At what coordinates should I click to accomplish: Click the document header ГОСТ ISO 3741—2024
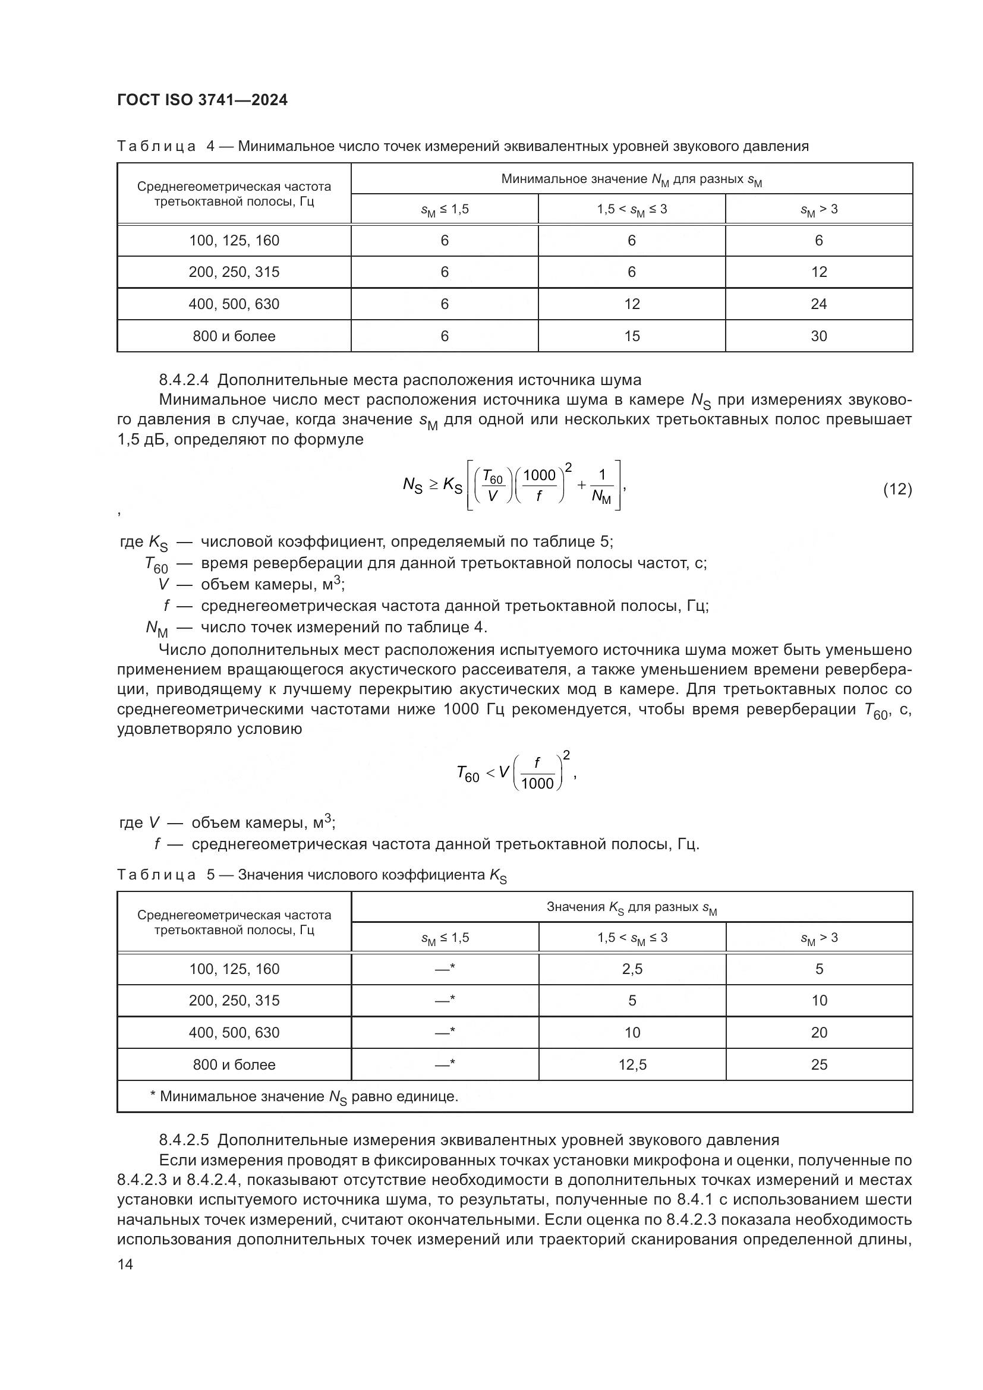click(x=202, y=100)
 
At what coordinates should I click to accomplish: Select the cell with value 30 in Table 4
click(x=818, y=336)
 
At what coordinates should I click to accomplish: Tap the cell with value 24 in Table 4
click(x=818, y=304)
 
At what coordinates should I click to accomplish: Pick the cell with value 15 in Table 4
click(x=631, y=336)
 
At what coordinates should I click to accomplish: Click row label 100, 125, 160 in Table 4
click(x=234, y=240)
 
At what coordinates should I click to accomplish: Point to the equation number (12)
click(x=897, y=489)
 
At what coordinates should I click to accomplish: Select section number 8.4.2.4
click(x=184, y=380)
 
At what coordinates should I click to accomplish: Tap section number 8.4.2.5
click(x=184, y=1140)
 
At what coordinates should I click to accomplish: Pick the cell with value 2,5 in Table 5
click(x=632, y=969)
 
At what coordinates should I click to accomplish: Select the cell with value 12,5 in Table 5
click(x=632, y=1064)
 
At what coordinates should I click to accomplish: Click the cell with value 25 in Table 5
click(x=819, y=1064)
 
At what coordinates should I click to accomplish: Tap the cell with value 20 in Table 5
click(x=819, y=1032)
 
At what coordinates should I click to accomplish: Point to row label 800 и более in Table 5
click(x=234, y=1064)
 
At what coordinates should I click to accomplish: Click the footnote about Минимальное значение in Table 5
click(x=304, y=1097)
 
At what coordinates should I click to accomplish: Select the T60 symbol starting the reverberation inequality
click(x=468, y=774)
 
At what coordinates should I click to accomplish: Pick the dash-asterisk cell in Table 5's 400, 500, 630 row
click(x=445, y=1032)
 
